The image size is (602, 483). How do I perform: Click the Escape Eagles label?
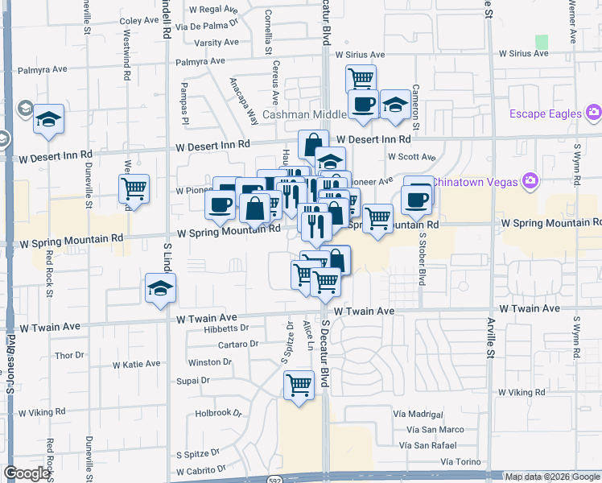pos(545,114)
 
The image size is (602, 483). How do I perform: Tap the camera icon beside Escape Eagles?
pos(594,113)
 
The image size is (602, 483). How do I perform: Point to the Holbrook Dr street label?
pos(218,413)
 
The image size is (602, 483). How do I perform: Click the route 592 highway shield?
pos(275,477)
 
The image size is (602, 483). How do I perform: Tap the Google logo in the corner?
pos(27,473)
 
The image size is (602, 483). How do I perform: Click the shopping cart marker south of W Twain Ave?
pos(299,385)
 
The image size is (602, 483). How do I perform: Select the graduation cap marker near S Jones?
pos(49,120)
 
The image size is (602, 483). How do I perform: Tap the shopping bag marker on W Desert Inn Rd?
pos(312,145)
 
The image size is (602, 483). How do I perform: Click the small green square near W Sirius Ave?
pos(542,41)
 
